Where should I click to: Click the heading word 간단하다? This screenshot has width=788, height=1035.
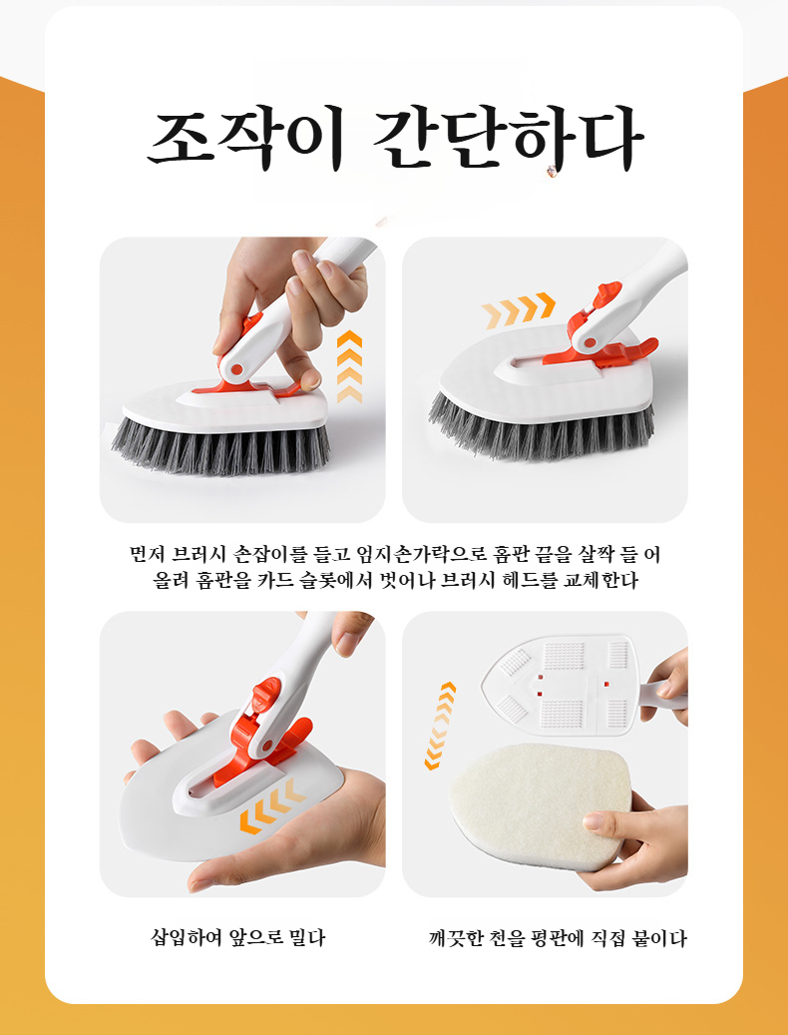[508, 141]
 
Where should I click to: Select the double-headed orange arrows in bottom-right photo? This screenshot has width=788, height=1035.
[440, 726]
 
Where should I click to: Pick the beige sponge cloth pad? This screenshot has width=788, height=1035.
[539, 803]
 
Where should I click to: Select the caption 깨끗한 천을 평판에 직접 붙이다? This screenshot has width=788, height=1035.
[558, 938]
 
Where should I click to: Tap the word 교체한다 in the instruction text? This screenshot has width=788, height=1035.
[606, 580]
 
